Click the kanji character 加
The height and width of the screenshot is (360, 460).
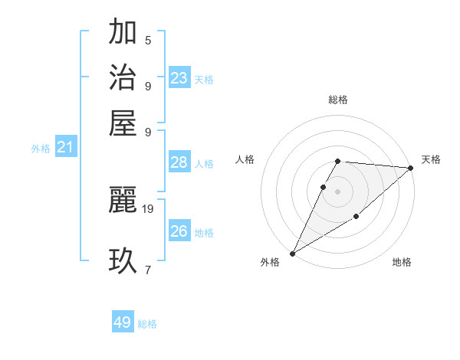(123, 33)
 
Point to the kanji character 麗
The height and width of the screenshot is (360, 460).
(123, 201)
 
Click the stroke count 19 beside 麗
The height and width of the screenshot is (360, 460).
(148, 208)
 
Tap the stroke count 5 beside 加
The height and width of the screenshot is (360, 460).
(148, 40)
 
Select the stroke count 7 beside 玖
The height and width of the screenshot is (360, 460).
(148, 269)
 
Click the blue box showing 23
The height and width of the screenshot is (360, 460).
(179, 78)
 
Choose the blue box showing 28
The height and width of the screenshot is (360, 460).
(179, 162)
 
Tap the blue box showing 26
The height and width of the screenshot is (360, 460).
(179, 231)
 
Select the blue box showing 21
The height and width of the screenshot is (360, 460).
(64, 148)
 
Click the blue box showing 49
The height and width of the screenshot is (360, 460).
(123, 322)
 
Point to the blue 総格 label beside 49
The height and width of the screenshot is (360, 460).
(147, 324)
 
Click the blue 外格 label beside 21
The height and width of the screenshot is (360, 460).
(41, 149)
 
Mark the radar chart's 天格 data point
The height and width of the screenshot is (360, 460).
(411, 168)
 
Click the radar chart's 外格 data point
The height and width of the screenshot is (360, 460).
(292, 254)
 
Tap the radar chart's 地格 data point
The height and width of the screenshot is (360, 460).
(356, 218)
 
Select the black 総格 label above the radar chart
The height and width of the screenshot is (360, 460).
(338, 100)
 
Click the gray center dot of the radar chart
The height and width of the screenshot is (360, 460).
(338, 191)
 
